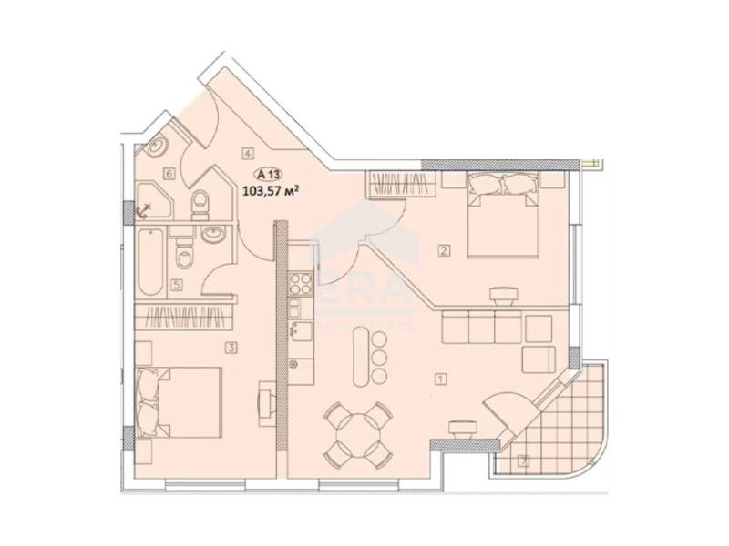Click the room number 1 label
tap(441, 379)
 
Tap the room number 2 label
tap(444, 251)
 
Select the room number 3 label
tap(233, 347)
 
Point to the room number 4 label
tap(247, 153)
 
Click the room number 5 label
tap(176, 284)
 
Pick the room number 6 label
tap(169, 173)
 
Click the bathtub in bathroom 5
tap(152, 261)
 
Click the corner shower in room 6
tap(150, 201)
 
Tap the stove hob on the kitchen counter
tap(301, 287)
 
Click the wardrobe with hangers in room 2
tap(395, 184)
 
